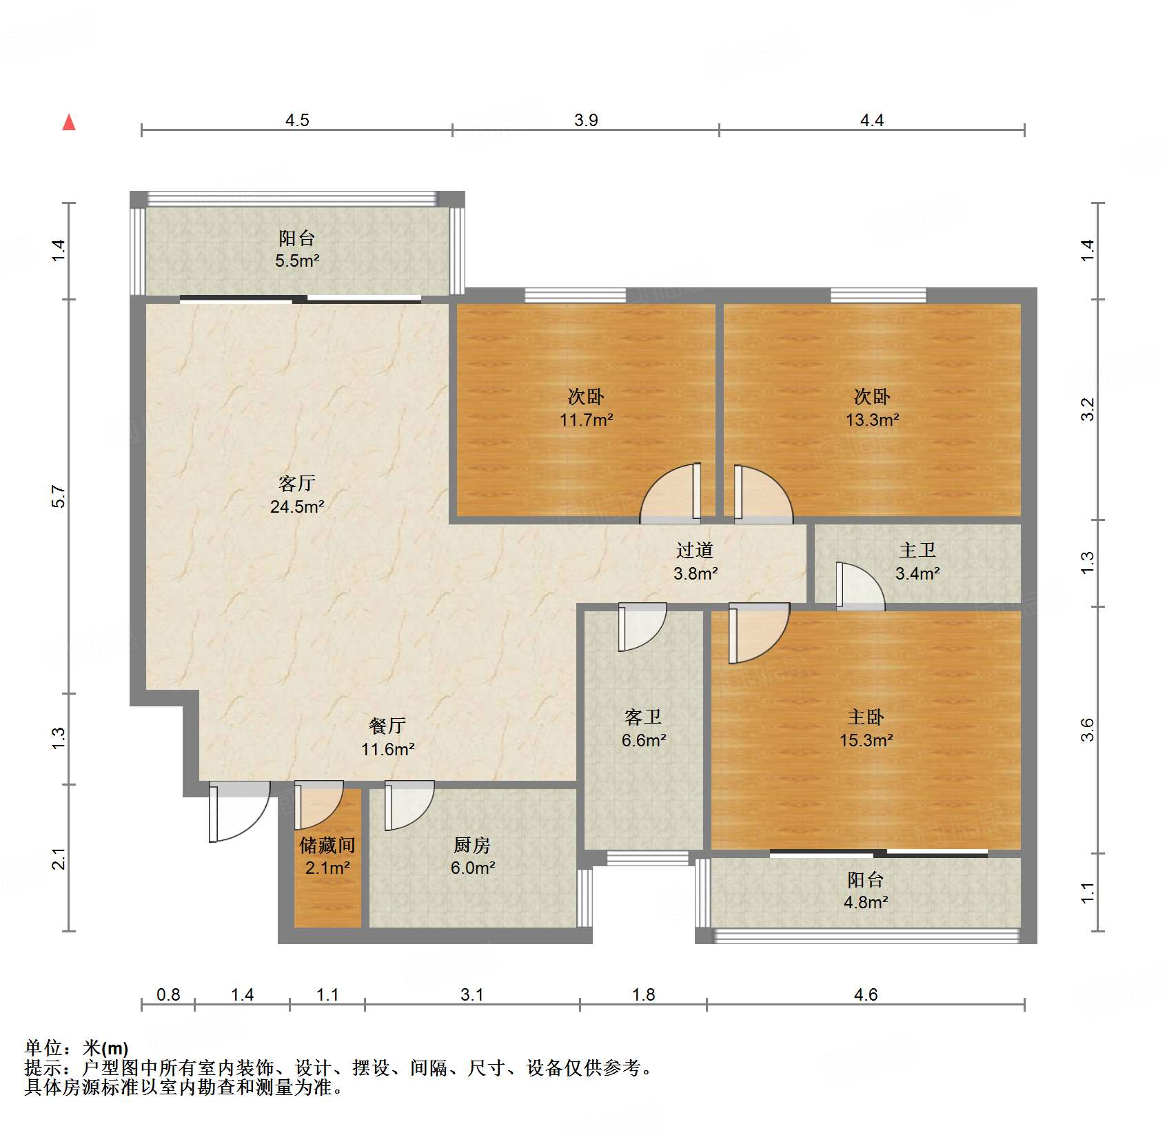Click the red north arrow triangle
coord(69,123)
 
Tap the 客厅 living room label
coord(297,483)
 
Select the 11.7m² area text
coord(586,420)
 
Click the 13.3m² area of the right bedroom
coord(872,420)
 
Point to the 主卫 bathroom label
coord(917,550)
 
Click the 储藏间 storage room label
coord(327,845)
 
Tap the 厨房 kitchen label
coord(472,845)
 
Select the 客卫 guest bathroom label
coord(643,717)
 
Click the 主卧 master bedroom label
coord(866,717)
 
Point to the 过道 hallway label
coord(695,550)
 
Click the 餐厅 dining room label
coord(387,726)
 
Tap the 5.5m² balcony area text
coord(297,261)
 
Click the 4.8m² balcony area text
coord(866,902)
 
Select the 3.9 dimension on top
coord(586,120)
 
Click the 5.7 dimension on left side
coord(59,496)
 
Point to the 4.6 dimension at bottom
coord(866,994)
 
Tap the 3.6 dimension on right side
coord(1087,729)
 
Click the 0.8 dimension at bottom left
coord(168,994)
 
